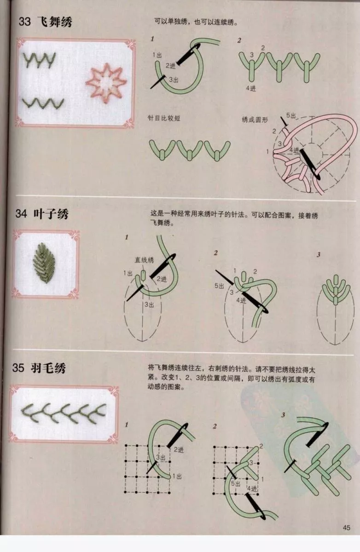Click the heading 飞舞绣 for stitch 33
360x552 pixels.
55,22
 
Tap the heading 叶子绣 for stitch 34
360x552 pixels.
51,213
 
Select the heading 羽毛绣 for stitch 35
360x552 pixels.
48,368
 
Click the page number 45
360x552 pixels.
347,528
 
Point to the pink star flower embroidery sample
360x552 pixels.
106,82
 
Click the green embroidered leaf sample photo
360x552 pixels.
44,263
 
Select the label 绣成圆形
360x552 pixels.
255,120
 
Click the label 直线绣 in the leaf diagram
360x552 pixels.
144,260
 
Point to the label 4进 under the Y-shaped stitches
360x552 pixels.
251,88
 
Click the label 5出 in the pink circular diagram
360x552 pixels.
291,115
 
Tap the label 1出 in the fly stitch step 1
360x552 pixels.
157,55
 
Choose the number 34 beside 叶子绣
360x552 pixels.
21,213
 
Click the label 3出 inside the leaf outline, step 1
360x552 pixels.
149,305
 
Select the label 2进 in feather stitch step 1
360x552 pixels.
179,450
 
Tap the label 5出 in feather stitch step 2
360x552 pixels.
236,484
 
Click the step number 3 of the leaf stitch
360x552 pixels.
319,254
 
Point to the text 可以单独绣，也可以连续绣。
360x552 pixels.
196,22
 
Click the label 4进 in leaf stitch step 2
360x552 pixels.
241,300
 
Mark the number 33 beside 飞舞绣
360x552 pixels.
25,22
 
